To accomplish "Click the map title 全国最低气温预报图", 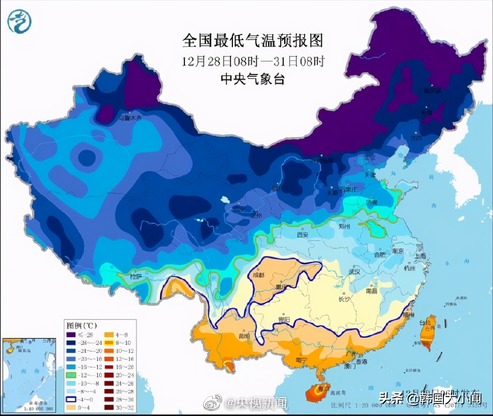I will coord(252,40).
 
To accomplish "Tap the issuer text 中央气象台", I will coord(252,79).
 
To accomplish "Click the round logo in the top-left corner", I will coord(19,21).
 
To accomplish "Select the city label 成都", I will coord(258,275).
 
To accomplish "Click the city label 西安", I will coord(302,234).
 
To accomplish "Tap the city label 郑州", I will coord(344,226).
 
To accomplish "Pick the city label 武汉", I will coord(354,272).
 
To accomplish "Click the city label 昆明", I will coord(244,336).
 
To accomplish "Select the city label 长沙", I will coord(344,299).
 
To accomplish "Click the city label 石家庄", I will coord(348,189).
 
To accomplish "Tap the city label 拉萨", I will coord(136,277).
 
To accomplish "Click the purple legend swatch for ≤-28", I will coord(71,335).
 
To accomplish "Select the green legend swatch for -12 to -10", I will coord(71,375).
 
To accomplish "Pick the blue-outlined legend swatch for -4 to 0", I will coord(71,400).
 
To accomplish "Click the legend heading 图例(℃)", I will coord(81,326).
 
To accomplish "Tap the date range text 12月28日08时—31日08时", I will coord(252,61).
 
